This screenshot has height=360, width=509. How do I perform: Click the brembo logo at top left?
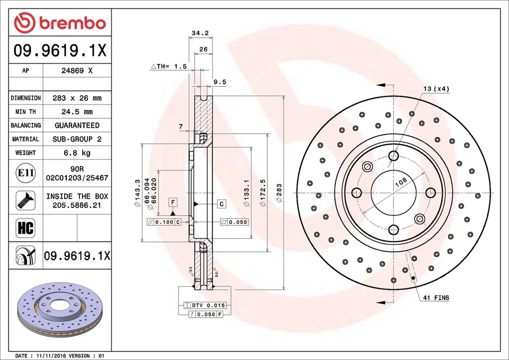click(60, 23)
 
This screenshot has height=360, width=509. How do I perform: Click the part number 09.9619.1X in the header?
click(60, 51)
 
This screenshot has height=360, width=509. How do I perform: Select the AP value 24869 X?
click(77, 71)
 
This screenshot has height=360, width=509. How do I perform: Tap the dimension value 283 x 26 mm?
click(77, 98)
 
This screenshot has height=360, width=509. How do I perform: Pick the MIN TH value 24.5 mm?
click(77, 112)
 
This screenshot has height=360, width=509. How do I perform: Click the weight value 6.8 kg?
click(77, 153)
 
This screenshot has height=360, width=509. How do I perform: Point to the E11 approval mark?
click(26, 173)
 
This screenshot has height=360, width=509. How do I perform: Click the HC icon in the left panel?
click(25, 228)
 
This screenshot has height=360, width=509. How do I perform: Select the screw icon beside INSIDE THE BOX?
click(25, 200)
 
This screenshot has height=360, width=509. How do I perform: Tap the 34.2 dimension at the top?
click(200, 33)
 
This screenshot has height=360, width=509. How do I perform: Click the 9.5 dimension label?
click(220, 82)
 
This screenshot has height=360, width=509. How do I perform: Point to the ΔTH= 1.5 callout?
click(169, 66)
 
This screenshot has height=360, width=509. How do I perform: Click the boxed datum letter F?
click(173, 201)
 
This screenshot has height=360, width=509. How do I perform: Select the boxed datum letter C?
click(221, 204)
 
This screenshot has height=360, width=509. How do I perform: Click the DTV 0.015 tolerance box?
click(205, 305)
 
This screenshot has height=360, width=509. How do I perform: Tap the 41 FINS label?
click(436, 297)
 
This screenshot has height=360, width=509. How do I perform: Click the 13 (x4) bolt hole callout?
click(436, 89)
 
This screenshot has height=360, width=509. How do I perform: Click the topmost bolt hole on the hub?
click(393, 156)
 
